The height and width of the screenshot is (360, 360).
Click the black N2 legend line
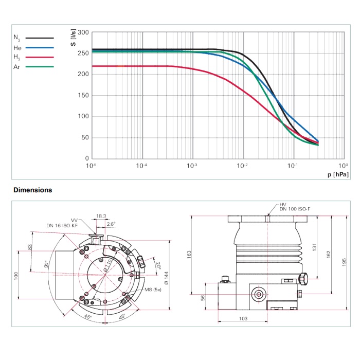[40, 38]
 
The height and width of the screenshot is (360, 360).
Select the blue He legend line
[40, 47]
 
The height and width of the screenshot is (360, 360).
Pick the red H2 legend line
[40, 57]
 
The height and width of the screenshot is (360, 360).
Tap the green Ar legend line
[40, 67]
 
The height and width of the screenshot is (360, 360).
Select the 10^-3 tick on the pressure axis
[192, 166]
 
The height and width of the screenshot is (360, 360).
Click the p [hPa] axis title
[337, 175]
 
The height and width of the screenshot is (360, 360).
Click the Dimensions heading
[33, 190]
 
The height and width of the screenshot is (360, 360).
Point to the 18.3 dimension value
[101, 217]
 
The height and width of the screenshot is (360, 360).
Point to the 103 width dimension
[243, 319]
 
